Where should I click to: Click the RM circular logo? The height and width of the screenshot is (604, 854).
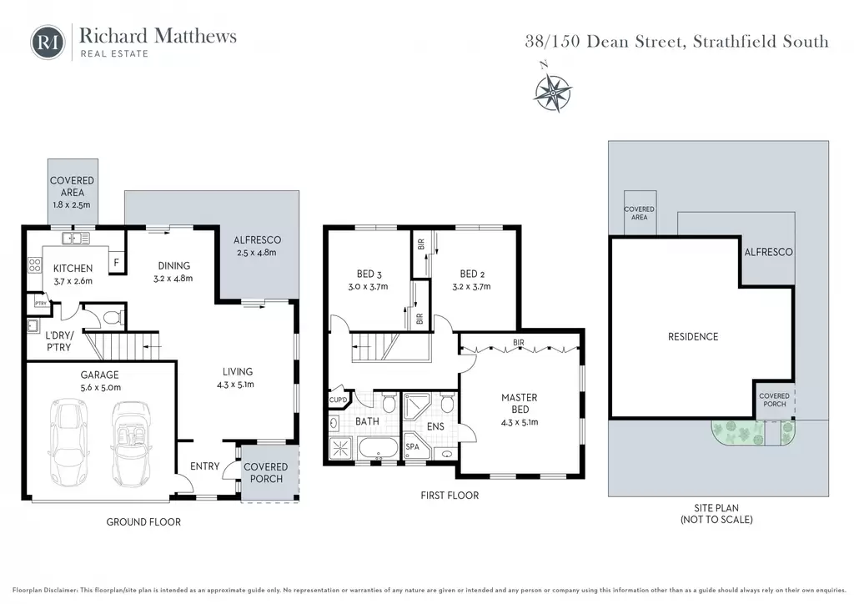click(x=48, y=42)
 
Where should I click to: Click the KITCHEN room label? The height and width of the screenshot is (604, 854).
click(x=73, y=268)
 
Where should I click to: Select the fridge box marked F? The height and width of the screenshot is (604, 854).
click(x=116, y=262)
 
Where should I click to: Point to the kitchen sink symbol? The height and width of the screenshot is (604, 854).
click(x=76, y=238)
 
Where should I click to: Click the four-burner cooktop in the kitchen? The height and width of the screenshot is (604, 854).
click(x=35, y=264)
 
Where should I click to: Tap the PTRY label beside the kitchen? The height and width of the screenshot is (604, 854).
click(x=40, y=304)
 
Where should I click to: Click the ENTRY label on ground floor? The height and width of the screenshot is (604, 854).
click(x=205, y=466)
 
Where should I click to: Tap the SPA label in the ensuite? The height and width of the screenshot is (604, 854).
click(x=412, y=446)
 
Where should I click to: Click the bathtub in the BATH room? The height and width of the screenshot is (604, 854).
click(x=378, y=448)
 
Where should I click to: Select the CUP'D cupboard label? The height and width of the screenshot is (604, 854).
click(x=339, y=400)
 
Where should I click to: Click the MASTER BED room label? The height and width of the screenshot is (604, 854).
click(x=520, y=404)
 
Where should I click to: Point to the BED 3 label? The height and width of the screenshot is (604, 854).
click(x=365, y=274)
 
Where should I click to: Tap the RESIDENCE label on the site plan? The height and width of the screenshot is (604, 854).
click(x=693, y=336)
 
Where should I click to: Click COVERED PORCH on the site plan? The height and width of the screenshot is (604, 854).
click(x=775, y=400)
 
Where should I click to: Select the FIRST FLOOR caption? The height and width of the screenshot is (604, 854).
click(x=450, y=495)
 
